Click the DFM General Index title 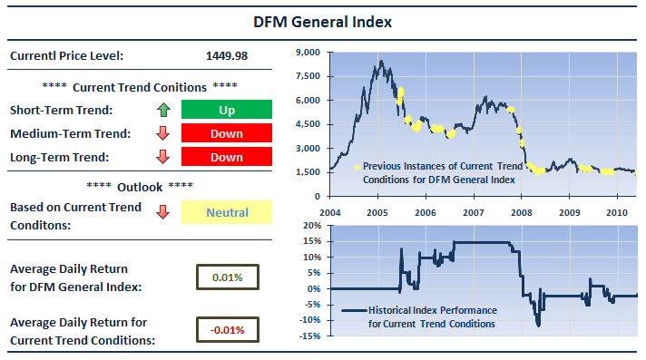pos(322,22)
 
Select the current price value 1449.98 pos(227,55)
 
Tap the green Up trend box pos(227,110)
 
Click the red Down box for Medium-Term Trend pos(227,133)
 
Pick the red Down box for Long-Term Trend pos(227,157)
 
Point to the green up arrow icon pos(163,110)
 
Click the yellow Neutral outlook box pos(227,212)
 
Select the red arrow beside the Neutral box pos(163,212)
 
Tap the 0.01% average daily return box pos(228,277)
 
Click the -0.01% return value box pos(228,329)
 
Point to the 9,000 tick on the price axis pos(308,53)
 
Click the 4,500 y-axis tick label pos(308,124)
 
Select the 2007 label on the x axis pos(474,212)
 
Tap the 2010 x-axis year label pos(617,212)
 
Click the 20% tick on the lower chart pos(312,225)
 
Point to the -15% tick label pos(310,336)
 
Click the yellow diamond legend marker pos(357,167)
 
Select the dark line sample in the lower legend pos(354,310)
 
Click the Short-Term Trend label pos(61,110)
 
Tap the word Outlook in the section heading pos(140,187)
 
